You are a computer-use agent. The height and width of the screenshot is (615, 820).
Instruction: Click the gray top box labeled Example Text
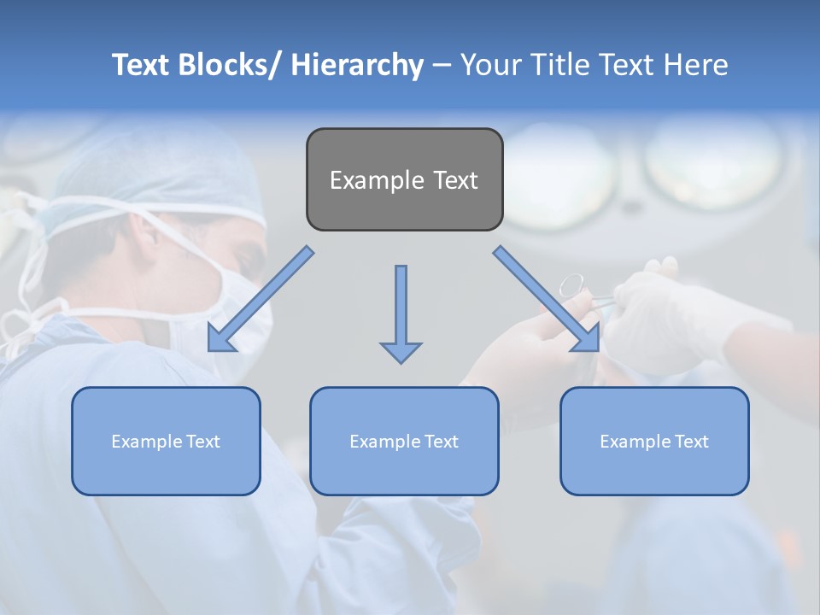(404, 179)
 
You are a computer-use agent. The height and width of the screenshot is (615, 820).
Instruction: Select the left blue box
(166, 441)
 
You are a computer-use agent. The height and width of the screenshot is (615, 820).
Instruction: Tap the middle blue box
(404, 441)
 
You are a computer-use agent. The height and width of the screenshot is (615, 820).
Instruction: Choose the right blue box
(654, 441)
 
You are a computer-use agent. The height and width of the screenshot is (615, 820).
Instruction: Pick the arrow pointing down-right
(547, 300)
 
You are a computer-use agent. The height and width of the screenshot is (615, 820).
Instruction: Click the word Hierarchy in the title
(357, 65)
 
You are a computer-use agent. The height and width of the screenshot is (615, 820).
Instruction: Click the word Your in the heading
(489, 65)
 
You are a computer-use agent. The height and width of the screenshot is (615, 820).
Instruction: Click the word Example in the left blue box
(143, 441)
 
